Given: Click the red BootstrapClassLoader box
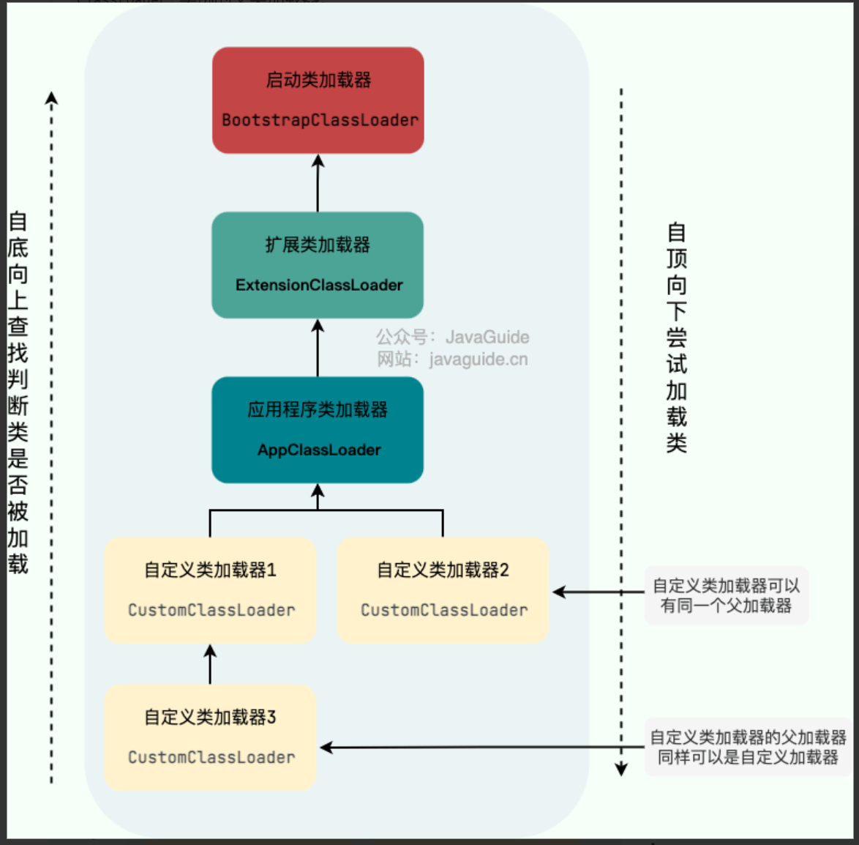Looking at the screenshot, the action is click(318, 100).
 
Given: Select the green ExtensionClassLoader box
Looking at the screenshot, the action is click(318, 265).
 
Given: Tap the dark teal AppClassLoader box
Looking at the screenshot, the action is click(318, 430).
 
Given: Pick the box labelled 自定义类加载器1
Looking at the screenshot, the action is click(211, 590).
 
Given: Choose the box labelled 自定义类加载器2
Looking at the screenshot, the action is click(443, 590).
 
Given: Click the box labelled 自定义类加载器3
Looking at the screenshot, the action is click(211, 737).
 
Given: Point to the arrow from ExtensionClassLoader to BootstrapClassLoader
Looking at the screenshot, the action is click(318, 183).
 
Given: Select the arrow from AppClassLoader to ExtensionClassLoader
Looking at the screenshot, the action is click(318, 349).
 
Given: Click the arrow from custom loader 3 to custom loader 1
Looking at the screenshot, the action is click(211, 664).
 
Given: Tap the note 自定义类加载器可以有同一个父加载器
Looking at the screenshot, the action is click(727, 595).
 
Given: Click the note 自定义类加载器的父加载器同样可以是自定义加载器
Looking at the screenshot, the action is click(749, 747).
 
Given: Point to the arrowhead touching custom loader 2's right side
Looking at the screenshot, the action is click(559, 592).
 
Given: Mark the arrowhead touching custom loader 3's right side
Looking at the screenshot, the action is click(326, 747).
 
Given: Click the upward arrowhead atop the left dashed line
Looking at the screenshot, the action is click(51, 97).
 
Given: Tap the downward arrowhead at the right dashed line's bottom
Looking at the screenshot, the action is click(621, 770).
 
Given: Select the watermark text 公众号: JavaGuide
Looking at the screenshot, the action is click(452, 337).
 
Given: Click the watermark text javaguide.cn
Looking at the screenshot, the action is click(479, 360).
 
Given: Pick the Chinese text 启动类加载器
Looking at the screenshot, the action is click(318, 80).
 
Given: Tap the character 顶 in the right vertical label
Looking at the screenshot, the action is click(677, 258).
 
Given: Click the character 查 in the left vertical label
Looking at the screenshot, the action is click(18, 327).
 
